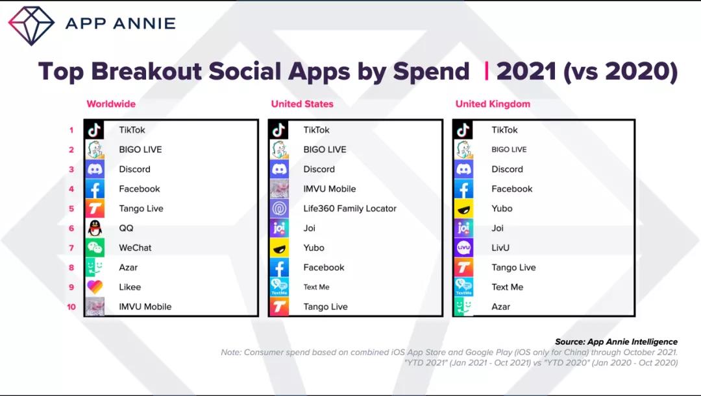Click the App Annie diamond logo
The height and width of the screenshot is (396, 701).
pos(31,25)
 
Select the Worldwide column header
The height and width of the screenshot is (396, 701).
pos(111,104)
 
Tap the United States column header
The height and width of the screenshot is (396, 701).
pos(302,104)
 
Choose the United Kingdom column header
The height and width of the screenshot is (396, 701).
pos(493,104)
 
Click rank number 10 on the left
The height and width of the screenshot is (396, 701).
pos(71,307)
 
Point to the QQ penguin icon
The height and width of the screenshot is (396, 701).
pos(95,228)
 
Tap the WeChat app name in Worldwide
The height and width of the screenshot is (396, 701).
pos(135,248)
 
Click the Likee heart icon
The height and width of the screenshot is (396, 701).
pos(95,287)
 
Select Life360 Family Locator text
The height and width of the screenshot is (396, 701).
pos(349,209)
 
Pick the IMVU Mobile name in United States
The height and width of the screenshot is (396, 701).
pos(329,189)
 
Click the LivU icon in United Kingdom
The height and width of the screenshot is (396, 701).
pos(463,248)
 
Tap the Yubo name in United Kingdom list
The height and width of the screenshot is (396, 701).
pos(502,209)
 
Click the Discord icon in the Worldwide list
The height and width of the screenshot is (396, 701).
pos(95,169)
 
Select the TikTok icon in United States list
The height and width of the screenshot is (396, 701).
pos(279,130)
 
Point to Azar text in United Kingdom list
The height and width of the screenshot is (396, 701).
pos(500,307)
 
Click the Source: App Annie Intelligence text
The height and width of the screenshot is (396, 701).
pos(616,342)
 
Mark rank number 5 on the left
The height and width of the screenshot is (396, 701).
pos(71,209)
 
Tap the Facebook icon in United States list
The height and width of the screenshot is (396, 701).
pos(279,268)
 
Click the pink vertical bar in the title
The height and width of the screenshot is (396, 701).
pos(486,71)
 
